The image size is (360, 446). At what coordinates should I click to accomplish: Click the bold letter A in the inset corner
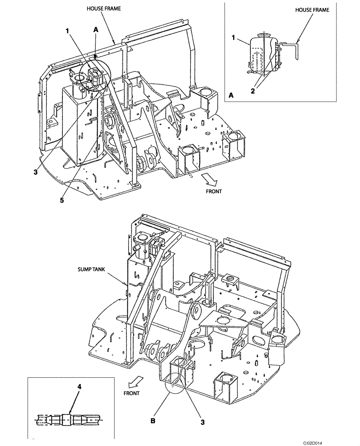[x=231, y=95]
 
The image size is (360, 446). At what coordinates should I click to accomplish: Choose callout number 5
[x=62, y=200]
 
